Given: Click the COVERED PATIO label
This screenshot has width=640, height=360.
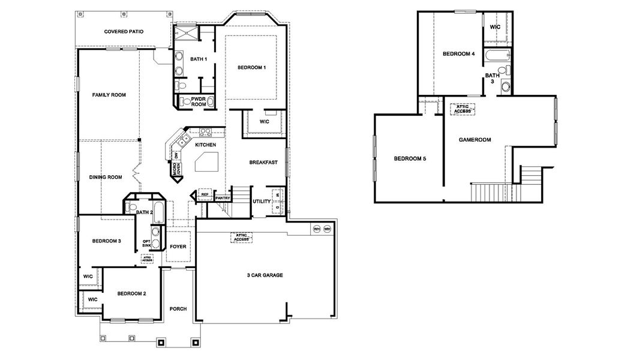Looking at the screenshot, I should tap(124, 31).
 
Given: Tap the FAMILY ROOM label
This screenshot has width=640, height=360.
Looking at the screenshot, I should tap(109, 95).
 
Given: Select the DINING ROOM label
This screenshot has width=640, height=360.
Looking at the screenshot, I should tap(106, 177).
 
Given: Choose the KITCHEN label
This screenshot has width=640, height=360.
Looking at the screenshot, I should tap(206, 145).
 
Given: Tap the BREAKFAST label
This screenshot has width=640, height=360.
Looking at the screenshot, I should tap(263, 162).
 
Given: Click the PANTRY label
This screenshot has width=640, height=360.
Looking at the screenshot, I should tap(223, 197).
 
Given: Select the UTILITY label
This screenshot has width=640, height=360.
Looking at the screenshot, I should tap(262, 201).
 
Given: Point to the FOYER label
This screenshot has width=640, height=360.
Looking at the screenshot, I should tap(178, 247).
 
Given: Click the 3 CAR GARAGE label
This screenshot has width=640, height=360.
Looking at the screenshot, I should tap(265, 275).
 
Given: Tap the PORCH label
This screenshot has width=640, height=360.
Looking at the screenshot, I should tap(178, 309).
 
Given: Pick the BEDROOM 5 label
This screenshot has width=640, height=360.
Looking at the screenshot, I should tap(410, 159).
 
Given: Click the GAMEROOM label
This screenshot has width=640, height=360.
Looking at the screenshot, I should tap(474, 140).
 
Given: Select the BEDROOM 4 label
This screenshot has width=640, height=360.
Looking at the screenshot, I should tap(459, 54).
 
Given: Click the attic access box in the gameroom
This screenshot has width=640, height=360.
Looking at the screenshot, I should tap(462, 109).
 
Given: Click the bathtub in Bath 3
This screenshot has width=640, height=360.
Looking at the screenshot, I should tap(497, 57).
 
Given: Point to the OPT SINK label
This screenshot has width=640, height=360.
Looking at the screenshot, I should tap(146, 244).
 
